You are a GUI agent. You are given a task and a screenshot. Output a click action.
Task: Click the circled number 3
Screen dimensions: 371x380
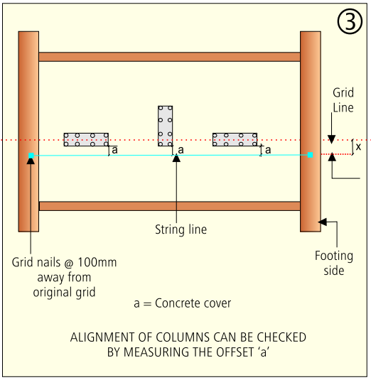click(x=350, y=21)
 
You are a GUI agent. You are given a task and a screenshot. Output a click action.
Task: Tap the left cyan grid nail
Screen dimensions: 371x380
click(x=31, y=156)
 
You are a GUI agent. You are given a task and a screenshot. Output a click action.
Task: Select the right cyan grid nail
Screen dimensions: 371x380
click(x=310, y=155)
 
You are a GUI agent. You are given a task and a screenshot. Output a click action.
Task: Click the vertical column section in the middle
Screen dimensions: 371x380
click(x=165, y=126)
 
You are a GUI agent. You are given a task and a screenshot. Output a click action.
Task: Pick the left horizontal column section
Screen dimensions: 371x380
click(x=86, y=140)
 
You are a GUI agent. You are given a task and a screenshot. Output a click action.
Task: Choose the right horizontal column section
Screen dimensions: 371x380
click(x=235, y=140)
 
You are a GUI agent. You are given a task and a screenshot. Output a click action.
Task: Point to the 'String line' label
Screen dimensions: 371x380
click(x=181, y=229)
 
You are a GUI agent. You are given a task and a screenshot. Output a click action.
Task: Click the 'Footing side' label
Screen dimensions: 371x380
click(x=334, y=263)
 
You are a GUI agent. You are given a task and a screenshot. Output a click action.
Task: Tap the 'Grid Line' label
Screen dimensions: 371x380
click(x=343, y=100)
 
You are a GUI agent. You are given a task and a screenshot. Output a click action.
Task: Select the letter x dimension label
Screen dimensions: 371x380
click(x=358, y=146)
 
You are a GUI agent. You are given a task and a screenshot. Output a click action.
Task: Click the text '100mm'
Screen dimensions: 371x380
click(x=97, y=262)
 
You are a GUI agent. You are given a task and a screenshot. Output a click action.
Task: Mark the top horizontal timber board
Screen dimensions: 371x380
click(x=169, y=57)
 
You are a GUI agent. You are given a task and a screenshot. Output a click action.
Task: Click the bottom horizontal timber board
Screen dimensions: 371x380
click(x=170, y=206)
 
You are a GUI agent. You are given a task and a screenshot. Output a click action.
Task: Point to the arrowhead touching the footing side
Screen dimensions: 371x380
click(x=322, y=222)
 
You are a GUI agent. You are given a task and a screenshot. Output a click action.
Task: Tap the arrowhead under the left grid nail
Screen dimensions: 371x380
click(x=31, y=161)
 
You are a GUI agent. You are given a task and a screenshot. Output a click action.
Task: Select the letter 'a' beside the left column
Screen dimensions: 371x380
click(x=114, y=150)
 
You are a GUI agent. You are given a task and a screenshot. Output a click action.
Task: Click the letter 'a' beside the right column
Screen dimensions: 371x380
click(x=268, y=150)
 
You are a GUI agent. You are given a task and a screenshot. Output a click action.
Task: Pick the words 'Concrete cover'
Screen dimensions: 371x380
click(x=193, y=303)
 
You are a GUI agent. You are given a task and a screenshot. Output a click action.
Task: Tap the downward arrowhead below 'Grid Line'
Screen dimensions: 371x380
click(x=331, y=139)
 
